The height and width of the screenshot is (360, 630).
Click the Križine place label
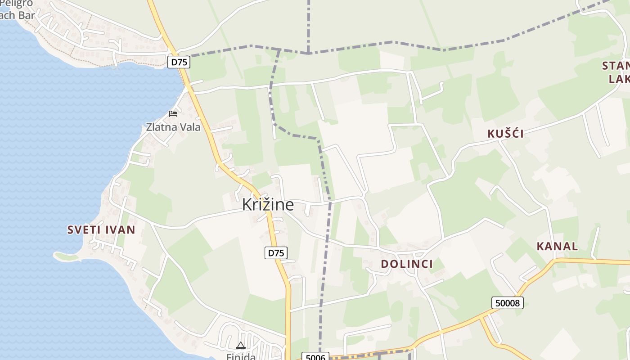point(268,205)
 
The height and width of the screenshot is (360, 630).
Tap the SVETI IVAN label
point(101,230)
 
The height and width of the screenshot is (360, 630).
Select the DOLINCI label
point(407,264)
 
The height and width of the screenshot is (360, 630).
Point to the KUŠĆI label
point(506,134)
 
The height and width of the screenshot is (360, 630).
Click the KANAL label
point(557,246)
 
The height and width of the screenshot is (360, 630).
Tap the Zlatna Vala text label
point(173,127)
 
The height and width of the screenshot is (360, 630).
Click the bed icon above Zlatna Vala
point(173,113)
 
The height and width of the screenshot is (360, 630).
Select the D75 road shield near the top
point(179,62)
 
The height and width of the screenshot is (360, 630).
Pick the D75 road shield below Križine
point(275,253)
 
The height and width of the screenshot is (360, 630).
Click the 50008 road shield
point(508,303)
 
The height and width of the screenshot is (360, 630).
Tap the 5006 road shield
point(315,357)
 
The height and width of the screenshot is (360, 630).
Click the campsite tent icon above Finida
point(240,346)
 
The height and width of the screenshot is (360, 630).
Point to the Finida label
point(241,357)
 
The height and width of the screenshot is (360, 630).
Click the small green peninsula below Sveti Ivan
point(65,256)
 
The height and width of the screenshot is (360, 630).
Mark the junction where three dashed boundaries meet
point(309,53)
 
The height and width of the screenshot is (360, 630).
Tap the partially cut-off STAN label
point(616,66)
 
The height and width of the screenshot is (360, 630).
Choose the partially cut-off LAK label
point(619,79)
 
